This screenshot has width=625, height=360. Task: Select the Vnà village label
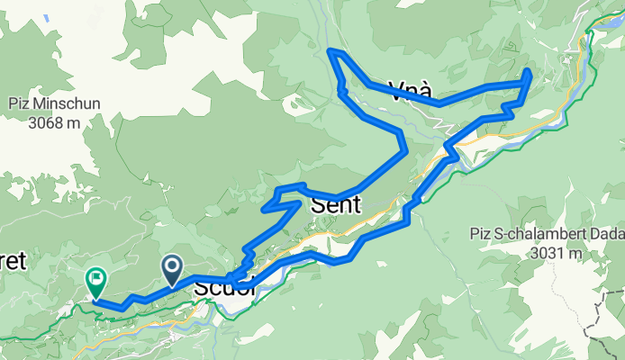411,90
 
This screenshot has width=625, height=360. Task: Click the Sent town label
334,205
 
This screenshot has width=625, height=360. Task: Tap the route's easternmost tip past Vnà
528,72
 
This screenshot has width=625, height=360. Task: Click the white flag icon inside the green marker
95,277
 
